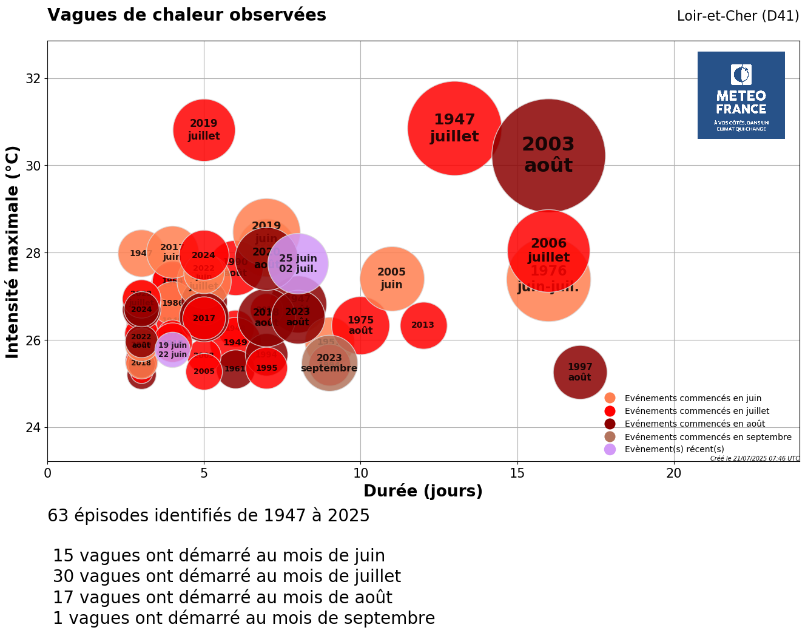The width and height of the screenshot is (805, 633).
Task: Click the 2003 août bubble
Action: (548, 155)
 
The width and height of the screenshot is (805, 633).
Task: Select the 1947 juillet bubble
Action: (454, 128)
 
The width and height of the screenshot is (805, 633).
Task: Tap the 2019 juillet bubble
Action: (204, 130)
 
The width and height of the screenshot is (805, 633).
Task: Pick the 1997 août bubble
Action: (580, 372)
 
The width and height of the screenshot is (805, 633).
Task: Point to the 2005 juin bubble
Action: (392, 279)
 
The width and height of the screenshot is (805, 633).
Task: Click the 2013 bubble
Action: (423, 325)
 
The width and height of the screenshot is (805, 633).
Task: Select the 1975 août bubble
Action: (360, 325)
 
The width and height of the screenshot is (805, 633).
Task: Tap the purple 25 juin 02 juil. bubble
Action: (298, 263)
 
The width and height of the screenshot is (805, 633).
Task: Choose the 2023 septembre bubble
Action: (329, 363)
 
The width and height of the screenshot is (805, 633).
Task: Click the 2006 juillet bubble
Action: (548, 250)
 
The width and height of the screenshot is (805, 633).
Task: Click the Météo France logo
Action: (741, 95)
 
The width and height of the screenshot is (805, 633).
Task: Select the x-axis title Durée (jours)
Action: (423, 491)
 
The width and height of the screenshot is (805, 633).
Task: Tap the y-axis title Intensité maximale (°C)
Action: (13, 252)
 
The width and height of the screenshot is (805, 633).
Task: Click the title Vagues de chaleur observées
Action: (187, 15)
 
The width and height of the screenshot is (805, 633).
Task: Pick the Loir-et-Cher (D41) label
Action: (738, 16)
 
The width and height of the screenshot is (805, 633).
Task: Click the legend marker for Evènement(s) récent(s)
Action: (610, 449)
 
